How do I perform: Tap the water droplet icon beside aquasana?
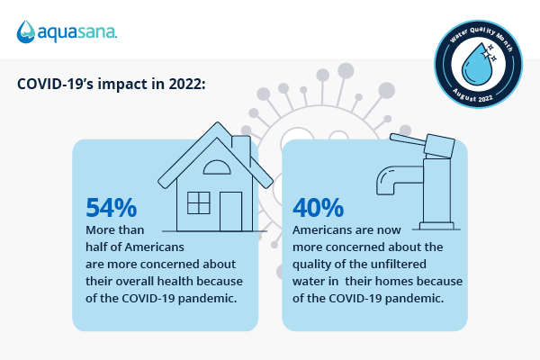click(x=26, y=32)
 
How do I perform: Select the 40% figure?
click(x=319, y=208)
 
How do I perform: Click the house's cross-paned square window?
click(x=198, y=202)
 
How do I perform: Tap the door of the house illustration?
click(x=231, y=212)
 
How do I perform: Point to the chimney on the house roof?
click(x=240, y=147)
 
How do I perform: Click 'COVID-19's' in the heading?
click(x=60, y=84)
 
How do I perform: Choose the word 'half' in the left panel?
click(x=99, y=247)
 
